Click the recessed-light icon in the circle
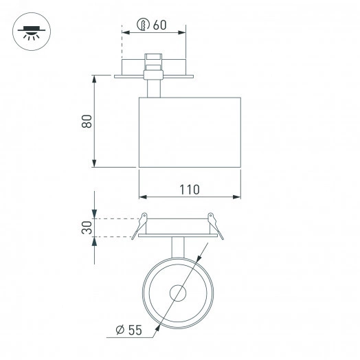tap(30, 31)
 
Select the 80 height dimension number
tap(86, 121)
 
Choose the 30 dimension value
tap(87, 228)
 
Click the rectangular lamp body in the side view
tap(190, 132)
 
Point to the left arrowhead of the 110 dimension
tap(142, 196)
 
